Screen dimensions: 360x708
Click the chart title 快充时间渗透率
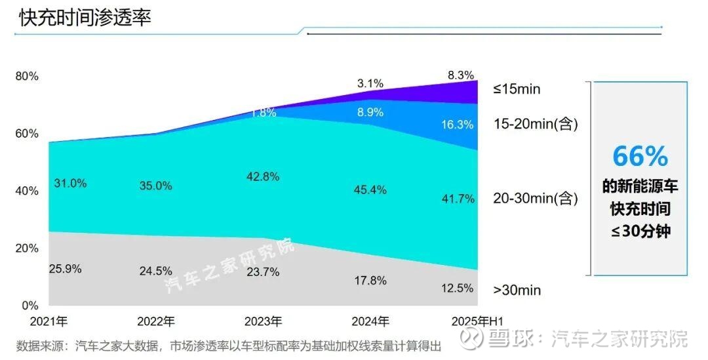85,18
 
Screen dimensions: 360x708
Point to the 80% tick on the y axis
28,76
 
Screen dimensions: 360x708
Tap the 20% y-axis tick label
28,248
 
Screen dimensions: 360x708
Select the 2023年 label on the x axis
263,321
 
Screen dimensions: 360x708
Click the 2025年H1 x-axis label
477,321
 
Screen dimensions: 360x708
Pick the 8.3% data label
461,75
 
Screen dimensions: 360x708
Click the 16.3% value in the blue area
457,125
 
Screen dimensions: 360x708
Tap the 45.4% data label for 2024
370,190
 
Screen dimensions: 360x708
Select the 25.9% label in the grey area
65,268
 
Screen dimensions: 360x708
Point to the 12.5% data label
457,287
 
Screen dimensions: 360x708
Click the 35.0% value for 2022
155,186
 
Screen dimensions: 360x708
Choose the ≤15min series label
517,89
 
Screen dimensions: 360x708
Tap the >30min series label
517,289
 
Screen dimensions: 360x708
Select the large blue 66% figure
640,156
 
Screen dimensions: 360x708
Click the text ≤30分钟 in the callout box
640,231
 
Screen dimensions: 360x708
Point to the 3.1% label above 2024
370,83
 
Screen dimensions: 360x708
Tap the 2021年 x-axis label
49,321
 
